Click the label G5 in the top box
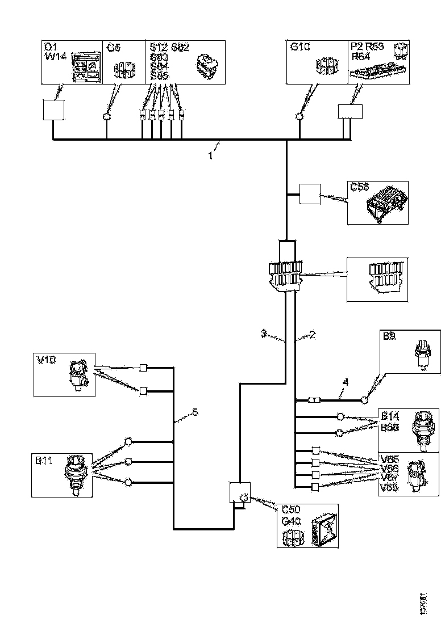pyautogui.click(x=114, y=48)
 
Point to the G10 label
pyautogui.click(x=299, y=48)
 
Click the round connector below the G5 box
pyautogui.click(x=106, y=117)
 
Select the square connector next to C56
pyautogui.click(x=309, y=195)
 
